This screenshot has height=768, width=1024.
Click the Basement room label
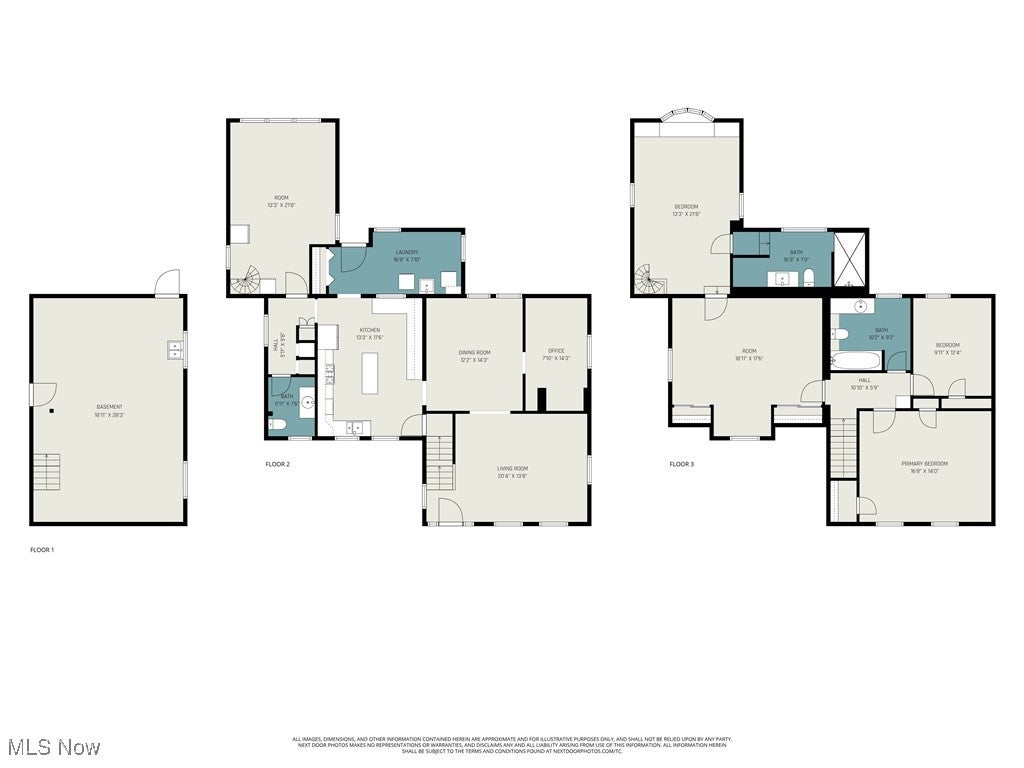point(109,406)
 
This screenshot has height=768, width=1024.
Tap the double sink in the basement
point(175,349)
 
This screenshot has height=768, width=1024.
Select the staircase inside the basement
point(47,471)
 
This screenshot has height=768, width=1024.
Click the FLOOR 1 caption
point(42,549)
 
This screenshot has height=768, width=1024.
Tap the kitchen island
point(372,375)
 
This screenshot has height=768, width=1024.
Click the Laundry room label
point(406,252)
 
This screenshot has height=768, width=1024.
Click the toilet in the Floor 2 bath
point(280,425)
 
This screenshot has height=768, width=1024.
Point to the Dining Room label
point(474,352)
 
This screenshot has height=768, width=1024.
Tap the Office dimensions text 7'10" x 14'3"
point(556,358)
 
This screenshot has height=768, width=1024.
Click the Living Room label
point(512,468)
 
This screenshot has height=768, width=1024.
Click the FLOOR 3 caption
point(681,464)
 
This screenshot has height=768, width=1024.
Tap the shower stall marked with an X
point(851,259)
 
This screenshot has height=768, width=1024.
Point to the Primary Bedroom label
point(924,463)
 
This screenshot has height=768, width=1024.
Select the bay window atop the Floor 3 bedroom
point(686,116)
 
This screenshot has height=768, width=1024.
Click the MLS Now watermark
point(53,747)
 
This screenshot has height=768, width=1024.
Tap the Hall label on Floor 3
point(864,380)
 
